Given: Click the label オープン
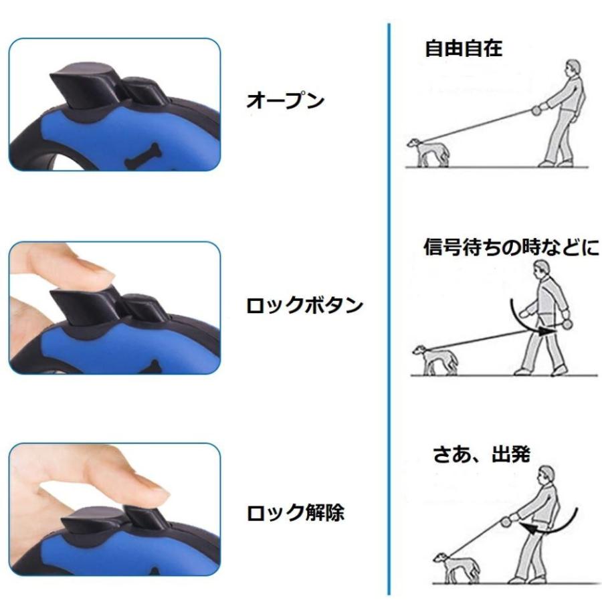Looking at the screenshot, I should click(286, 101).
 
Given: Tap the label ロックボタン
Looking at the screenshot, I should click(305, 306).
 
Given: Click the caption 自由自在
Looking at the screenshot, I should click(464, 49).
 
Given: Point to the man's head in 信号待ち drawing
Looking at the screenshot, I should click(541, 271).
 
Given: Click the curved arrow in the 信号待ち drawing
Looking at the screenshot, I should click(525, 320).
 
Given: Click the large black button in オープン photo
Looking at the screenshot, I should click(82, 86).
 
